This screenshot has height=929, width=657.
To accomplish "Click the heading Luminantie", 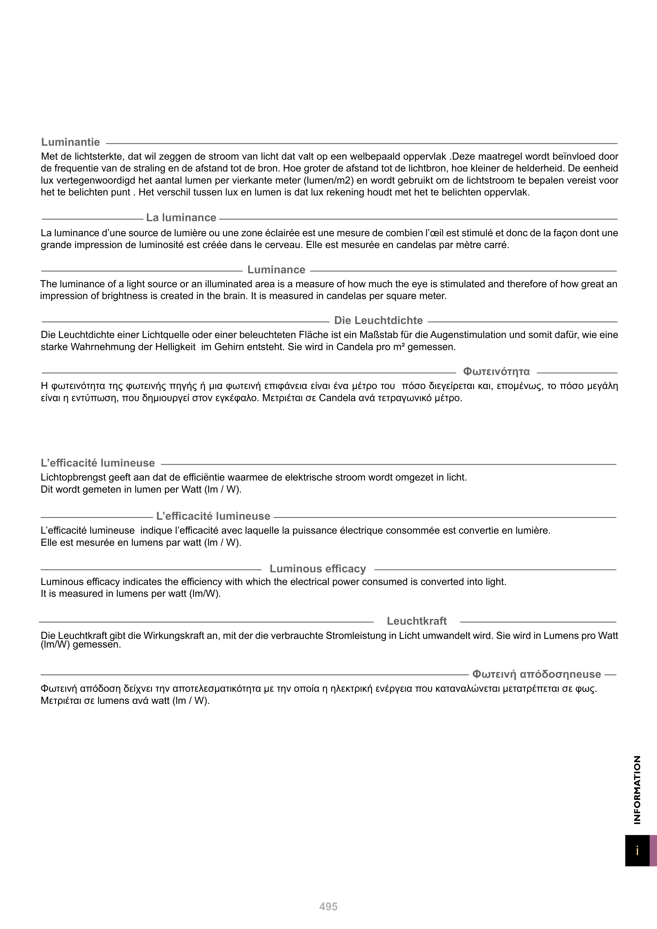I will pos(71,142).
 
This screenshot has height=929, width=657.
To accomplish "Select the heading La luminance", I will pos(181,218).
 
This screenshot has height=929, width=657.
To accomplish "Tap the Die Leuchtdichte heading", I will pos(378,320).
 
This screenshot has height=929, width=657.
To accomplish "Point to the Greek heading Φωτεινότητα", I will pos(496,371).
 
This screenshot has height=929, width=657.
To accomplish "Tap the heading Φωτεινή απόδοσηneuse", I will pos(536,674).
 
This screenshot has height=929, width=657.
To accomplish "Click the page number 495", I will pos(328,907).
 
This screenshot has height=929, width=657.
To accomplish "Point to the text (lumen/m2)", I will pos(328,180).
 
